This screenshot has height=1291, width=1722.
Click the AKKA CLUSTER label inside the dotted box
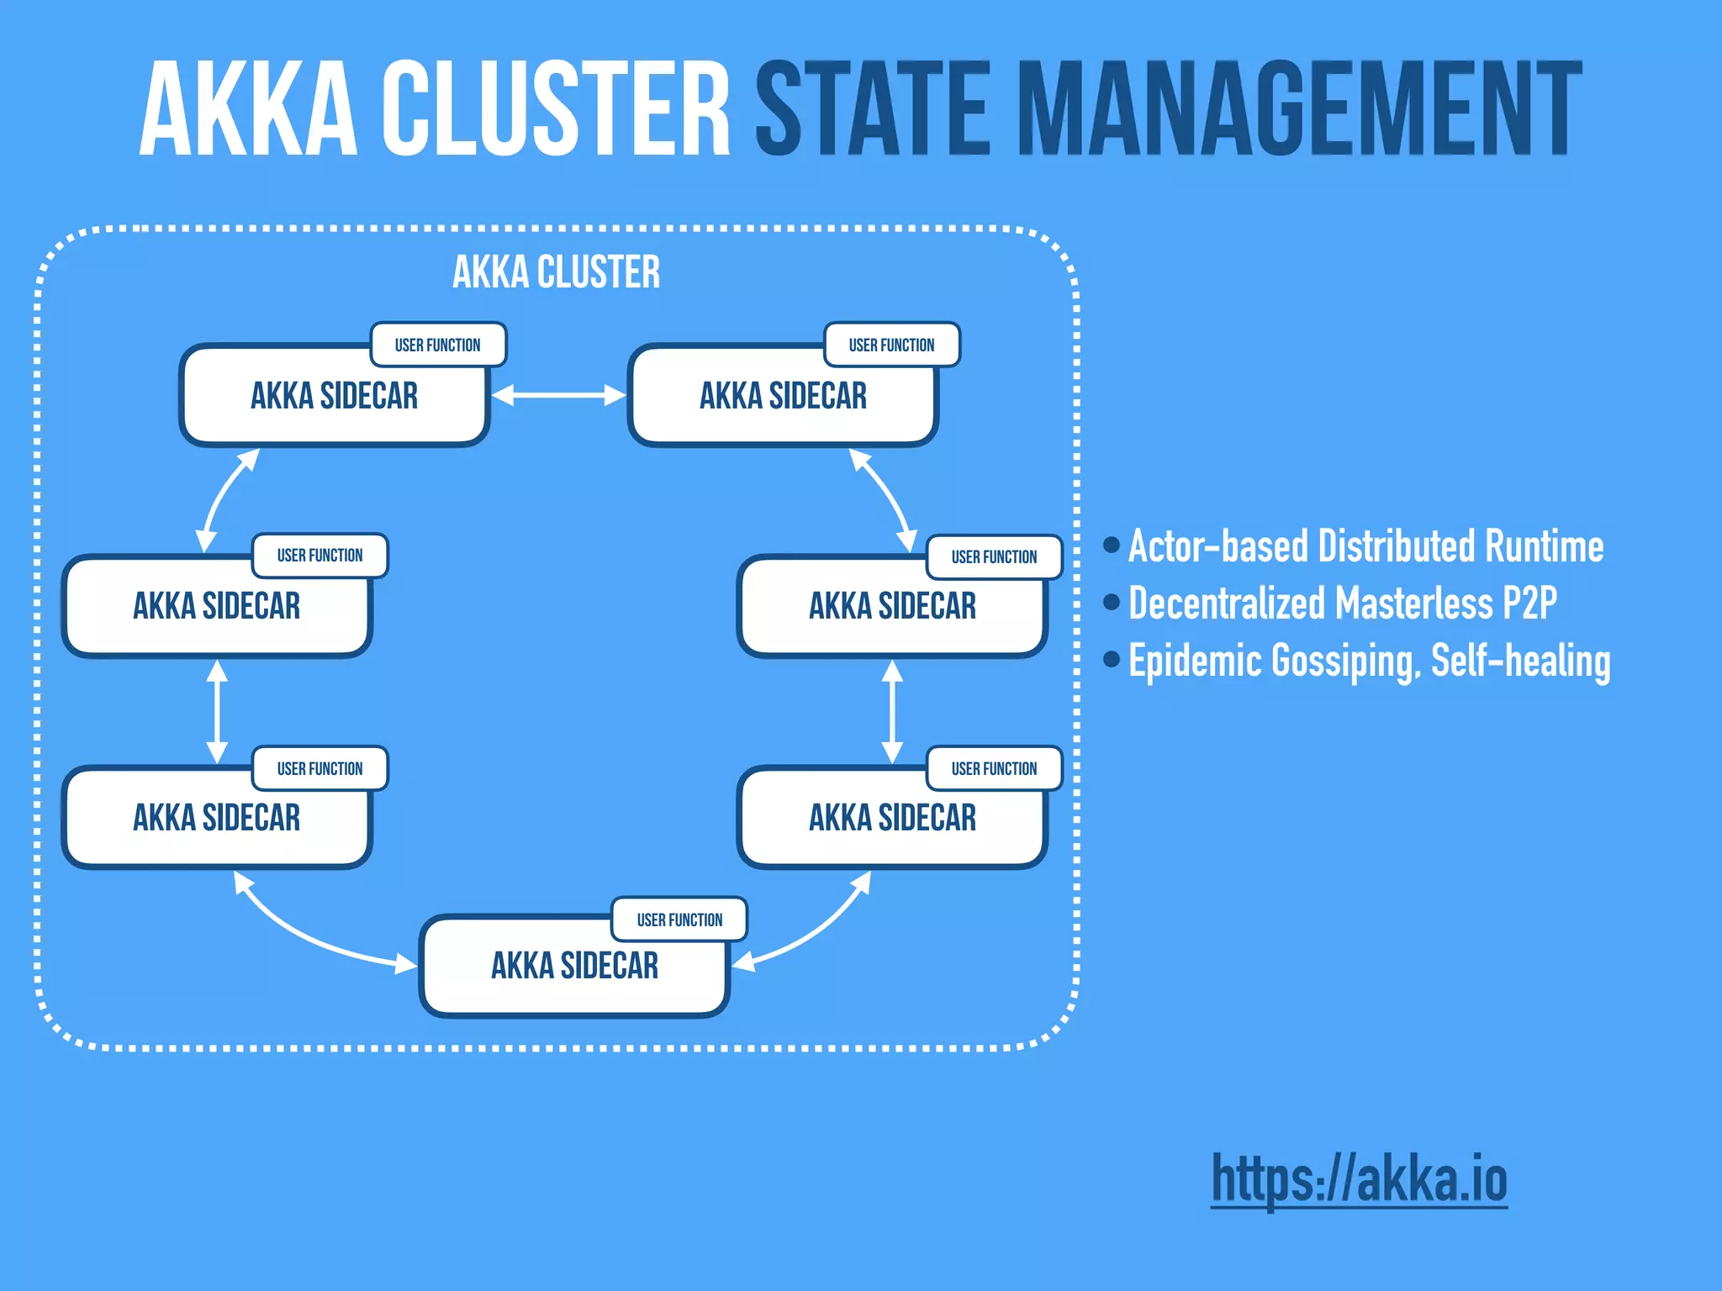[x=557, y=272]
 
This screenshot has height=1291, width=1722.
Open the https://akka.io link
[x=1359, y=1178]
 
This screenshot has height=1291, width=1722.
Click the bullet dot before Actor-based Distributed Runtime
[x=1112, y=545]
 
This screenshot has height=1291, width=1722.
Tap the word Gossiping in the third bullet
[x=1344, y=661]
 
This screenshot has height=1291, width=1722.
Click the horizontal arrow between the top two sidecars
[x=558, y=395]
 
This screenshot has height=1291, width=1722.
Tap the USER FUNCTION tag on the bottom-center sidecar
[x=679, y=920]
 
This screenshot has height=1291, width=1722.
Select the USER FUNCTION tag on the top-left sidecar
[x=438, y=345]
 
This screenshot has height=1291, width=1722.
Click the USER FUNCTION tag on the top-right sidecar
[x=891, y=345]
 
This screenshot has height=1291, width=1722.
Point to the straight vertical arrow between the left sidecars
[x=218, y=711]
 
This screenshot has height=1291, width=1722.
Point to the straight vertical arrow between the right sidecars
[x=892, y=711]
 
